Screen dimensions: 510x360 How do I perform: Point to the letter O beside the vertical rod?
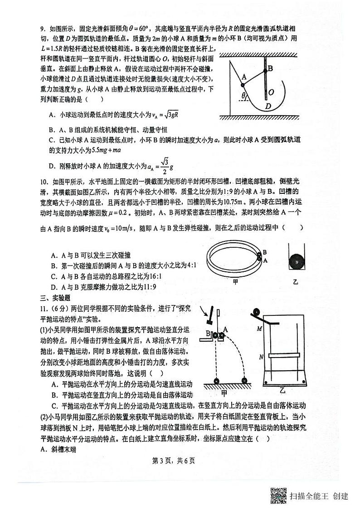(271, 93)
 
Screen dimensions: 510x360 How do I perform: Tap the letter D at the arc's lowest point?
(268, 106)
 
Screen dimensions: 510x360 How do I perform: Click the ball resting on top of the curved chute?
(255, 313)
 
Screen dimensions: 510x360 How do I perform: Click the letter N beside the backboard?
(261, 357)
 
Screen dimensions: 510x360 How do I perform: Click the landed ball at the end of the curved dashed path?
(245, 381)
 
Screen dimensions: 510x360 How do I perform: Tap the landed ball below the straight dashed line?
(217, 381)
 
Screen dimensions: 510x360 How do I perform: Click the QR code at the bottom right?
(278, 495)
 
